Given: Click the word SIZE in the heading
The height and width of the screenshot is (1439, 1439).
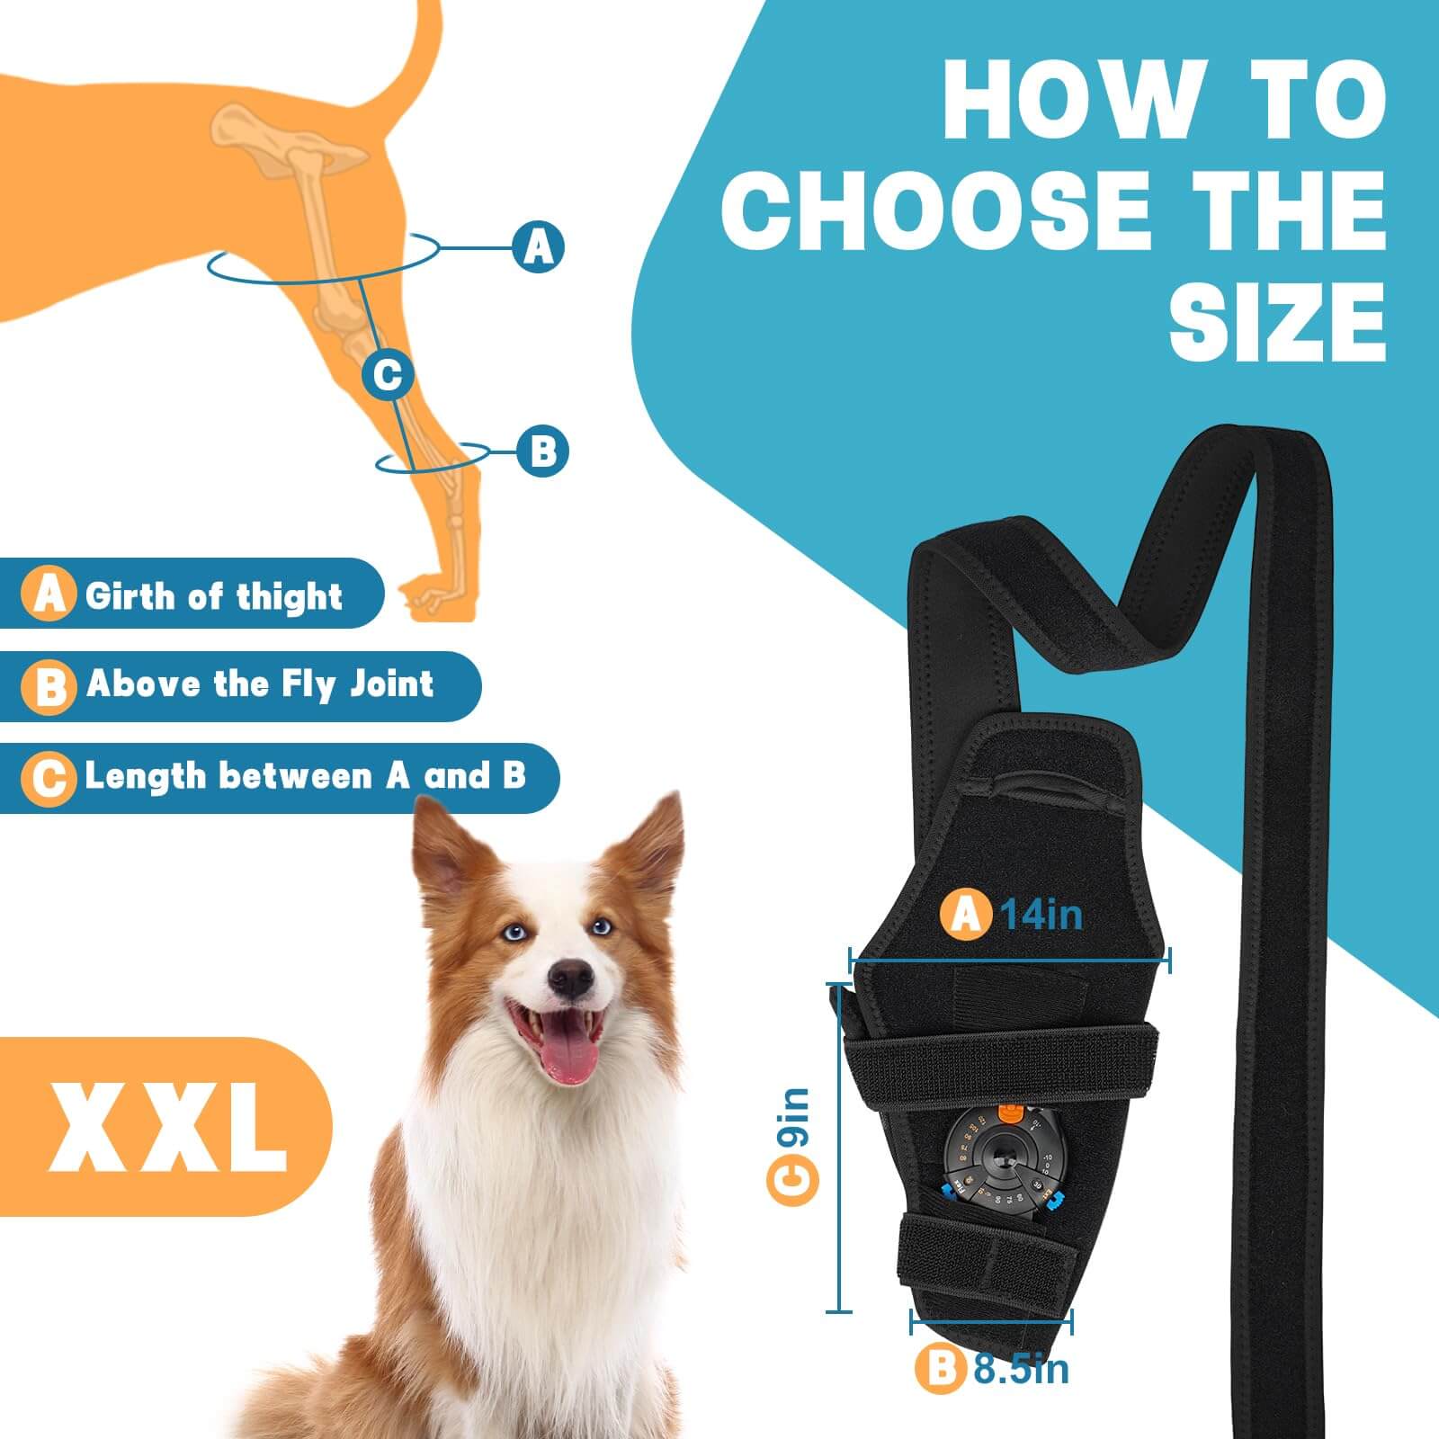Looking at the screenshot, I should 1277,321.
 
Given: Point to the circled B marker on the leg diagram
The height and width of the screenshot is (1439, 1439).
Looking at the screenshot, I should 542,450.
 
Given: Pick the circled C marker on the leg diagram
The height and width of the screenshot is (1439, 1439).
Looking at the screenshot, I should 388,373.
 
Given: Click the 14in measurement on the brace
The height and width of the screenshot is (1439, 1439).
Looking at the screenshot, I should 1041,915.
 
